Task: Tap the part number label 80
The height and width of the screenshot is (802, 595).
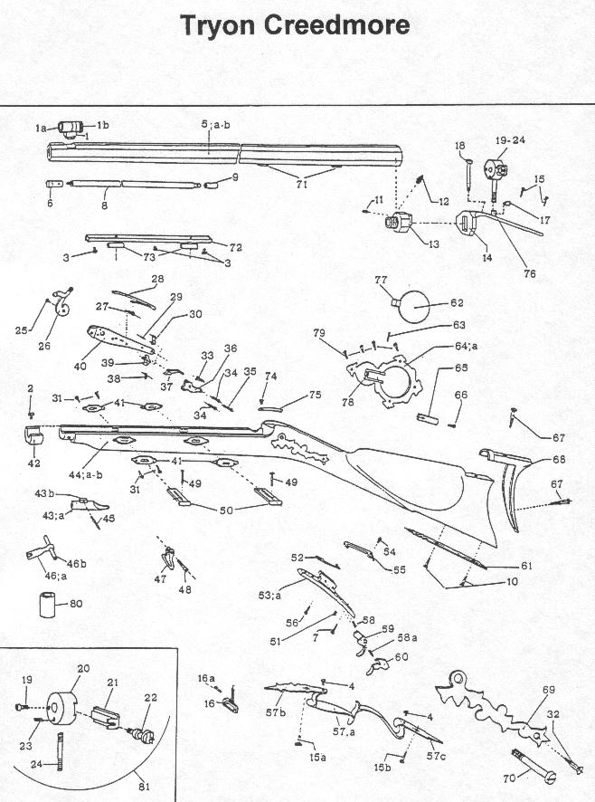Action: [x=76, y=603]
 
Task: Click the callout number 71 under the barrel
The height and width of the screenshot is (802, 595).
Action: [x=301, y=184]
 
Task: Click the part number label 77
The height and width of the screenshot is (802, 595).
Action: [x=381, y=281]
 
